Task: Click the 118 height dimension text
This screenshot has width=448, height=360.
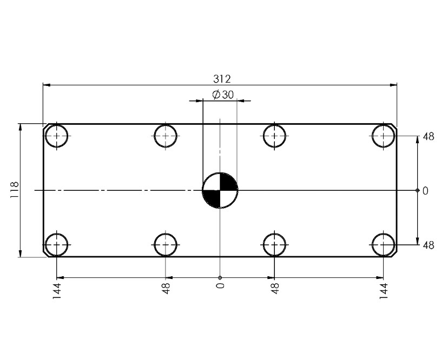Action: tap(15, 190)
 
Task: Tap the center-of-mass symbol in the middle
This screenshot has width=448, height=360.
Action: tap(220, 190)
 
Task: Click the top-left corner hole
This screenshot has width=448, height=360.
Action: tap(56, 136)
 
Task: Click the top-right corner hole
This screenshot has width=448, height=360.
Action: tap(384, 136)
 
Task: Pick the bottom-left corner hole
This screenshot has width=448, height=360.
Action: tap(56, 245)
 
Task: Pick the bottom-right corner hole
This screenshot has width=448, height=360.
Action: tap(384, 245)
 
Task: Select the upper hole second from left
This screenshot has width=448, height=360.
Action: tap(166, 136)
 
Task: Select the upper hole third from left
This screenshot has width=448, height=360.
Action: tap(274, 136)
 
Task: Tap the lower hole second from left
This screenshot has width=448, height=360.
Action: tap(166, 245)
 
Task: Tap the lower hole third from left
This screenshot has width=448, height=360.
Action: tap(274, 245)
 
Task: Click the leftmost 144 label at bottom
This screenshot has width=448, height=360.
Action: tap(57, 290)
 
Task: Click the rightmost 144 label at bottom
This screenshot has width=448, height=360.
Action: tap(384, 290)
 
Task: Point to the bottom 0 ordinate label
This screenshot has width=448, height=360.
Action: tap(220, 285)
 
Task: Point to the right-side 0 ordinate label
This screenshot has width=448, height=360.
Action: tap(425, 191)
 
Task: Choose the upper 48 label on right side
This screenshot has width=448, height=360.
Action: tap(428, 137)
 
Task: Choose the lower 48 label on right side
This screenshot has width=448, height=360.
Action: tap(428, 245)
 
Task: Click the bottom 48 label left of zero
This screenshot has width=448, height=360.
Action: tap(166, 288)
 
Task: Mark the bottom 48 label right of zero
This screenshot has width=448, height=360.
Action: tap(275, 288)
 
